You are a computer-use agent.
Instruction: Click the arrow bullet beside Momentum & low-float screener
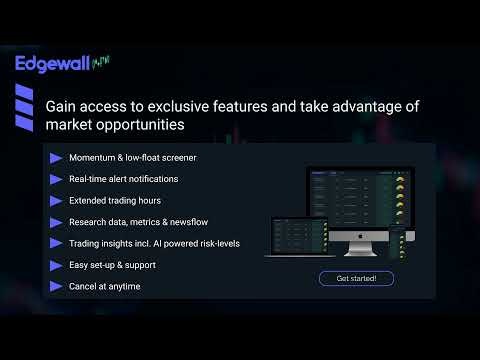(x=55, y=158)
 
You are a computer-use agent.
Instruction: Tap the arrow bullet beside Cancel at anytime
(x=55, y=286)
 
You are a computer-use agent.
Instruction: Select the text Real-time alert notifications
(x=123, y=179)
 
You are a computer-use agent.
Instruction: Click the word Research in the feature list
(x=88, y=222)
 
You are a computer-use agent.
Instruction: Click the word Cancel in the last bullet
(x=83, y=286)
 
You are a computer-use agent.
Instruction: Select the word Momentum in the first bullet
(x=93, y=158)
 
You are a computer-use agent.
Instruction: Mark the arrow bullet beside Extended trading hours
(x=55, y=200)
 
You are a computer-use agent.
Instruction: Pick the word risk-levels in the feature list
(x=216, y=243)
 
